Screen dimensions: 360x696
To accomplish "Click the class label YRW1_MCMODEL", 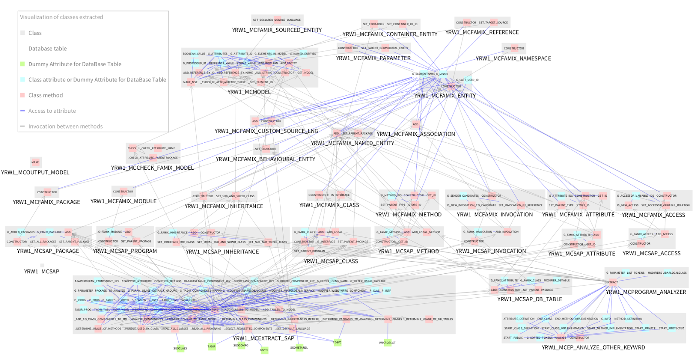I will click(x=249, y=92).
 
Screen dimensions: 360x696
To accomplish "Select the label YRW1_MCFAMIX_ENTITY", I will click(x=445, y=96).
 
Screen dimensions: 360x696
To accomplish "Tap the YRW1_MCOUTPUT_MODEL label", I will click(x=35, y=172).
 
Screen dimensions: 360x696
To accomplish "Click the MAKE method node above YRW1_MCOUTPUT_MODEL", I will click(x=35, y=162).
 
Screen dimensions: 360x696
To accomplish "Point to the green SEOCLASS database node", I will click(x=180, y=348).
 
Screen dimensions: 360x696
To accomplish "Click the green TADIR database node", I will click(x=211, y=347).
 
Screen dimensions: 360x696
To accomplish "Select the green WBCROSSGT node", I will click(x=387, y=343).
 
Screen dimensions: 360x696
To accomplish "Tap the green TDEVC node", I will click(x=337, y=342).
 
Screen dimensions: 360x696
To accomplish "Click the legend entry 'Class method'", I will click(x=45, y=95).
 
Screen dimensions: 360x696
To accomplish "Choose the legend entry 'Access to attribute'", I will click(x=52, y=111).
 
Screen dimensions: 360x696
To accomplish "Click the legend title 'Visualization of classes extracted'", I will click(x=61, y=17).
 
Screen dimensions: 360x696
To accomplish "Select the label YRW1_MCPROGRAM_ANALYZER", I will click(x=646, y=292).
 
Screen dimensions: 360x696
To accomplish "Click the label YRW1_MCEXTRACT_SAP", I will click(x=263, y=338).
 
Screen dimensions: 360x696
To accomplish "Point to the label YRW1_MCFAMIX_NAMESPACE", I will click(x=513, y=58).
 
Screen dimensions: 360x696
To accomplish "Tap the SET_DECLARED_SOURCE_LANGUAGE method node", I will click(x=277, y=20).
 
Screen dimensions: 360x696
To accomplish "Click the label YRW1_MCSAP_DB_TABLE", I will click(x=529, y=299).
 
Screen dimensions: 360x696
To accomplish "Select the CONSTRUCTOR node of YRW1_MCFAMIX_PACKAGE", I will click(x=47, y=192).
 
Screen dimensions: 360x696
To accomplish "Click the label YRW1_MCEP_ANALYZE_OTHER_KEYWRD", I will click(x=593, y=347).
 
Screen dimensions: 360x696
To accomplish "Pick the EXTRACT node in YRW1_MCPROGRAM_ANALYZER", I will click(x=612, y=282).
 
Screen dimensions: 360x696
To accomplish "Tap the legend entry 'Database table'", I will click(x=47, y=49).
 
